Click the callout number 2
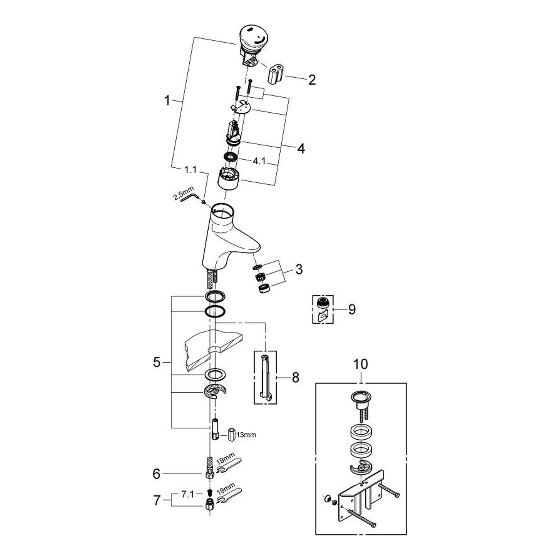(311, 80)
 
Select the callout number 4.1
(259, 161)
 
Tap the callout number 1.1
(191, 170)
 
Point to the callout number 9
(352, 309)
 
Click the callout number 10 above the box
(360, 364)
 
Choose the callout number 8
(295, 377)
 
